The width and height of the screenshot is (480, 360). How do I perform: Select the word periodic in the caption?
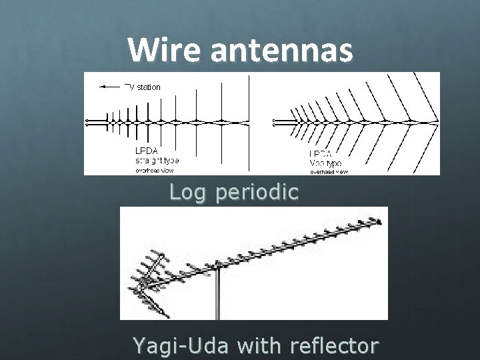(x=257, y=193)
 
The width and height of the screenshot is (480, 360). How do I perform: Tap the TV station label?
(x=143, y=86)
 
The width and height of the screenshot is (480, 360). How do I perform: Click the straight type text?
(x=157, y=160)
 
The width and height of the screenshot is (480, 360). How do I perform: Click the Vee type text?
(x=325, y=161)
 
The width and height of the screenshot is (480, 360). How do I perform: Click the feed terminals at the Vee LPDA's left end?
(x=275, y=121)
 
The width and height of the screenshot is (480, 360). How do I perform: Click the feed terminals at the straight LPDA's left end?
(x=87, y=121)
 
